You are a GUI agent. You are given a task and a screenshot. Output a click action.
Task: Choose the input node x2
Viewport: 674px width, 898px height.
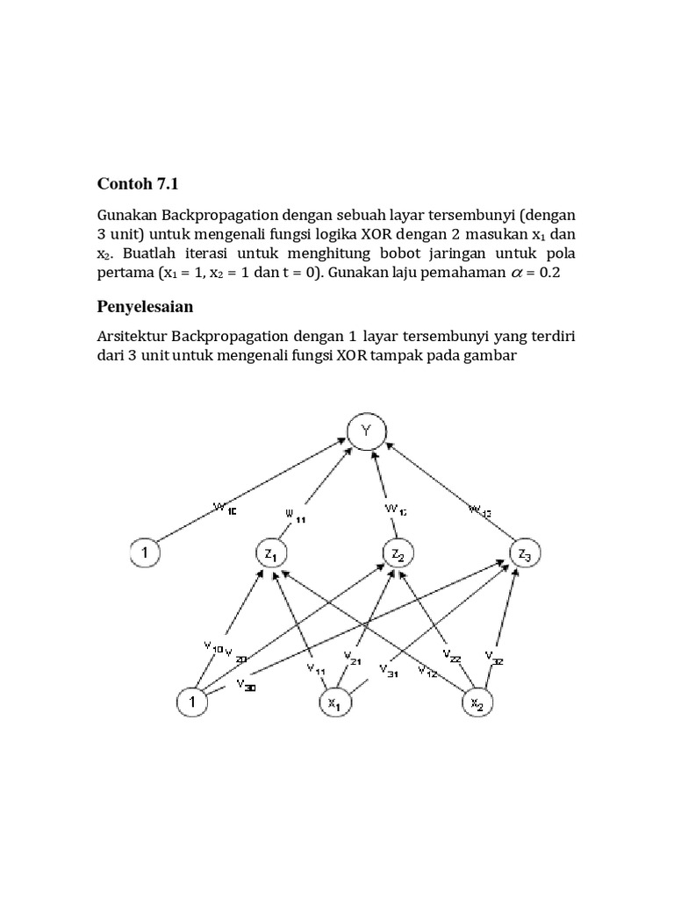(x=478, y=702)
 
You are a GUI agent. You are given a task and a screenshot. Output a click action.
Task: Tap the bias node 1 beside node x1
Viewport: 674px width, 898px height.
(x=190, y=702)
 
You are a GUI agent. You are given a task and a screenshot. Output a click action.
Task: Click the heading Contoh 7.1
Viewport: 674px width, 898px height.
(x=141, y=183)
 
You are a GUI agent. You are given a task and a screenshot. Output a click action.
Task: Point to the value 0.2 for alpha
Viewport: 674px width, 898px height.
(x=548, y=273)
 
